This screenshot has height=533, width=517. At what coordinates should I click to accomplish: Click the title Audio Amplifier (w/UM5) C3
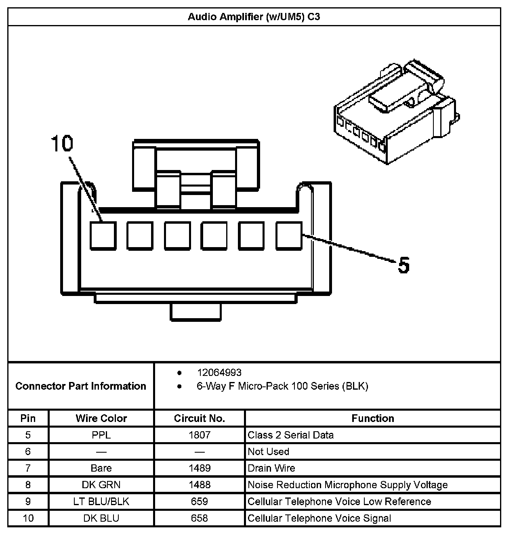(x=254, y=17)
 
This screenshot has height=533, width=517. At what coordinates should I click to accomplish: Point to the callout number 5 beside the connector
(x=404, y=265)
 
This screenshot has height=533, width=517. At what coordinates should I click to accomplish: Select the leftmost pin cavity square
(x=103, y=235)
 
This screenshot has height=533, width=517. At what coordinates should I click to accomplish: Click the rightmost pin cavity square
(x=289, y=235)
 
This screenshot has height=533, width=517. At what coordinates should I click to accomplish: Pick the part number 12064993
(x=219, y=372)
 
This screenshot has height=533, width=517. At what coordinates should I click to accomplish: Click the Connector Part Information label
(x=81, y=386)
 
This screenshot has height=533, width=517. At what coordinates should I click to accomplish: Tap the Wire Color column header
(x=101, y=418)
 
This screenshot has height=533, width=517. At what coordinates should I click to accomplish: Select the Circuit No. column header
(x=199, y=418)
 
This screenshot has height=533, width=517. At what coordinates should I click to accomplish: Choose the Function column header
(x=372, y=418)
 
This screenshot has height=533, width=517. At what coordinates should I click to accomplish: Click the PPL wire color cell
(x=101, y=435)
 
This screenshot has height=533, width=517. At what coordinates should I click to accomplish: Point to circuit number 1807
(x=199, y=435)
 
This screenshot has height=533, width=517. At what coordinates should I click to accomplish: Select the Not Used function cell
(x=269, y=451)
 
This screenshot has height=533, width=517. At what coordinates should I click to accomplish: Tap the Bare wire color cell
(x=101, y=468)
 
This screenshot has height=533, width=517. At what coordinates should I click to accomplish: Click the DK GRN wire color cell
(x=101, y=485)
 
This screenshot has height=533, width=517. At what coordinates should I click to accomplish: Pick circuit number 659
(x=199, y=502)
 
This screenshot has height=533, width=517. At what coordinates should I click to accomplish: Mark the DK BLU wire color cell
(x=101, y=518)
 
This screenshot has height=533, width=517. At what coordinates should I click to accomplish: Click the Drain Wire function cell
(x=271, y=468)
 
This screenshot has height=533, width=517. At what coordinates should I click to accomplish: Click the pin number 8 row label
(x=28, y=485)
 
